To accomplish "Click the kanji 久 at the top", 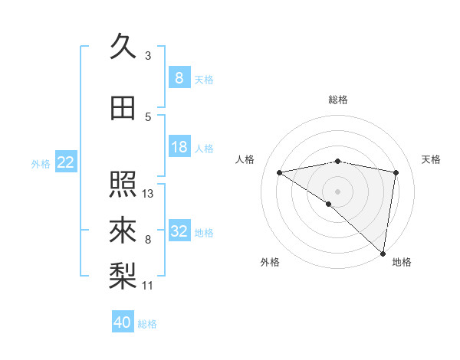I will (123, 47).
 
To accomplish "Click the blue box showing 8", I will (179, 78).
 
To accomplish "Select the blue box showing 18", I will (179, 147).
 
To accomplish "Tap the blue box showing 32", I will (179, 231).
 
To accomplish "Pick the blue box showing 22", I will (66, 162).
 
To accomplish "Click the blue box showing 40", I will (123, 322).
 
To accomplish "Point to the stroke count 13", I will (148, 194).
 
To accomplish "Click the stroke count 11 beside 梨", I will (148, 286).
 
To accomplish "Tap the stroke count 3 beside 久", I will (148, 56).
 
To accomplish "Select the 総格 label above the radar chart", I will (337, 100).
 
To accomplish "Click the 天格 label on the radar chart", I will (432, 159).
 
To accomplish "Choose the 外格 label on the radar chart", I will (270, 262).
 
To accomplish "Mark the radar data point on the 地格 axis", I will (383, 253).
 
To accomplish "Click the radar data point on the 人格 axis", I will (279, 172).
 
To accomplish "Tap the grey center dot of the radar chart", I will (337, 191).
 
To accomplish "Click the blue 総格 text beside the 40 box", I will (147, 324).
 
